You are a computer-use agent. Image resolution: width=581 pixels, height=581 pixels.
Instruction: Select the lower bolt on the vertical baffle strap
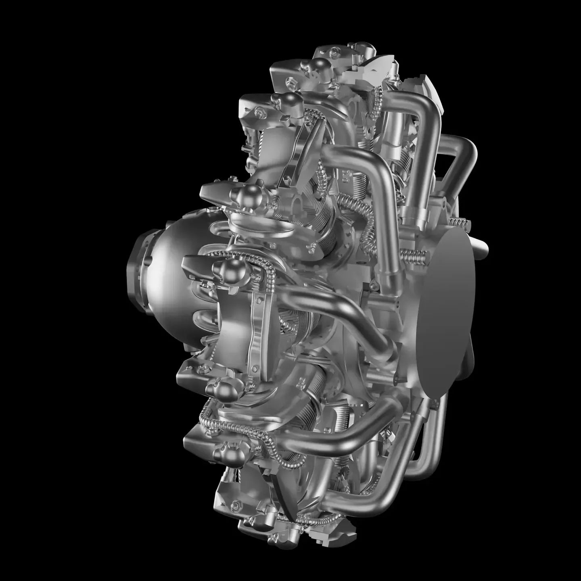(255, 368)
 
